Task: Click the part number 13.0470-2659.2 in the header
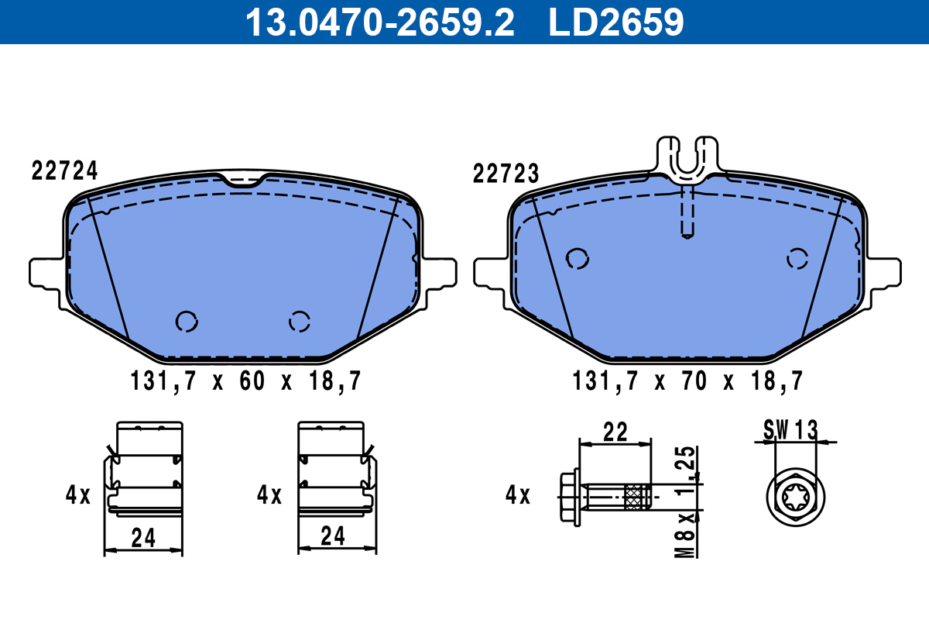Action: [379, 22]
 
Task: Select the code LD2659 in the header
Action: [616, 22]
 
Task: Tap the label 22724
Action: [65, 171]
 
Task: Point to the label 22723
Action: [506, 174]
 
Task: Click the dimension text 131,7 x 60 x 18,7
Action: [244, 381]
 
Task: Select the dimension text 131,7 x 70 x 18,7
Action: [687, 381]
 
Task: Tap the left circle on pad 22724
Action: [187, 320]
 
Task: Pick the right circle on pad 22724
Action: [299, 320]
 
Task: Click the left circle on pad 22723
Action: [577, 259]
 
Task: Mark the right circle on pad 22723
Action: [797, 259]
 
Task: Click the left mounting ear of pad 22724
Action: [45, 272]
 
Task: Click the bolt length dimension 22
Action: [615, 432]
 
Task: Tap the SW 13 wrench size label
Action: [790, 429]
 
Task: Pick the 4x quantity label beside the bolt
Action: [517, 494]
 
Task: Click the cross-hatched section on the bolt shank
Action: [635, 494]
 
